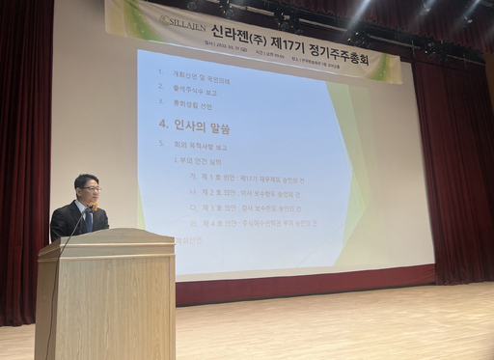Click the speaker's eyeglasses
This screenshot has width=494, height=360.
(90, 189)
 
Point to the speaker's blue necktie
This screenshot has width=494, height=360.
(88, 220)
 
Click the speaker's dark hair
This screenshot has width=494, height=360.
(86, 179)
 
